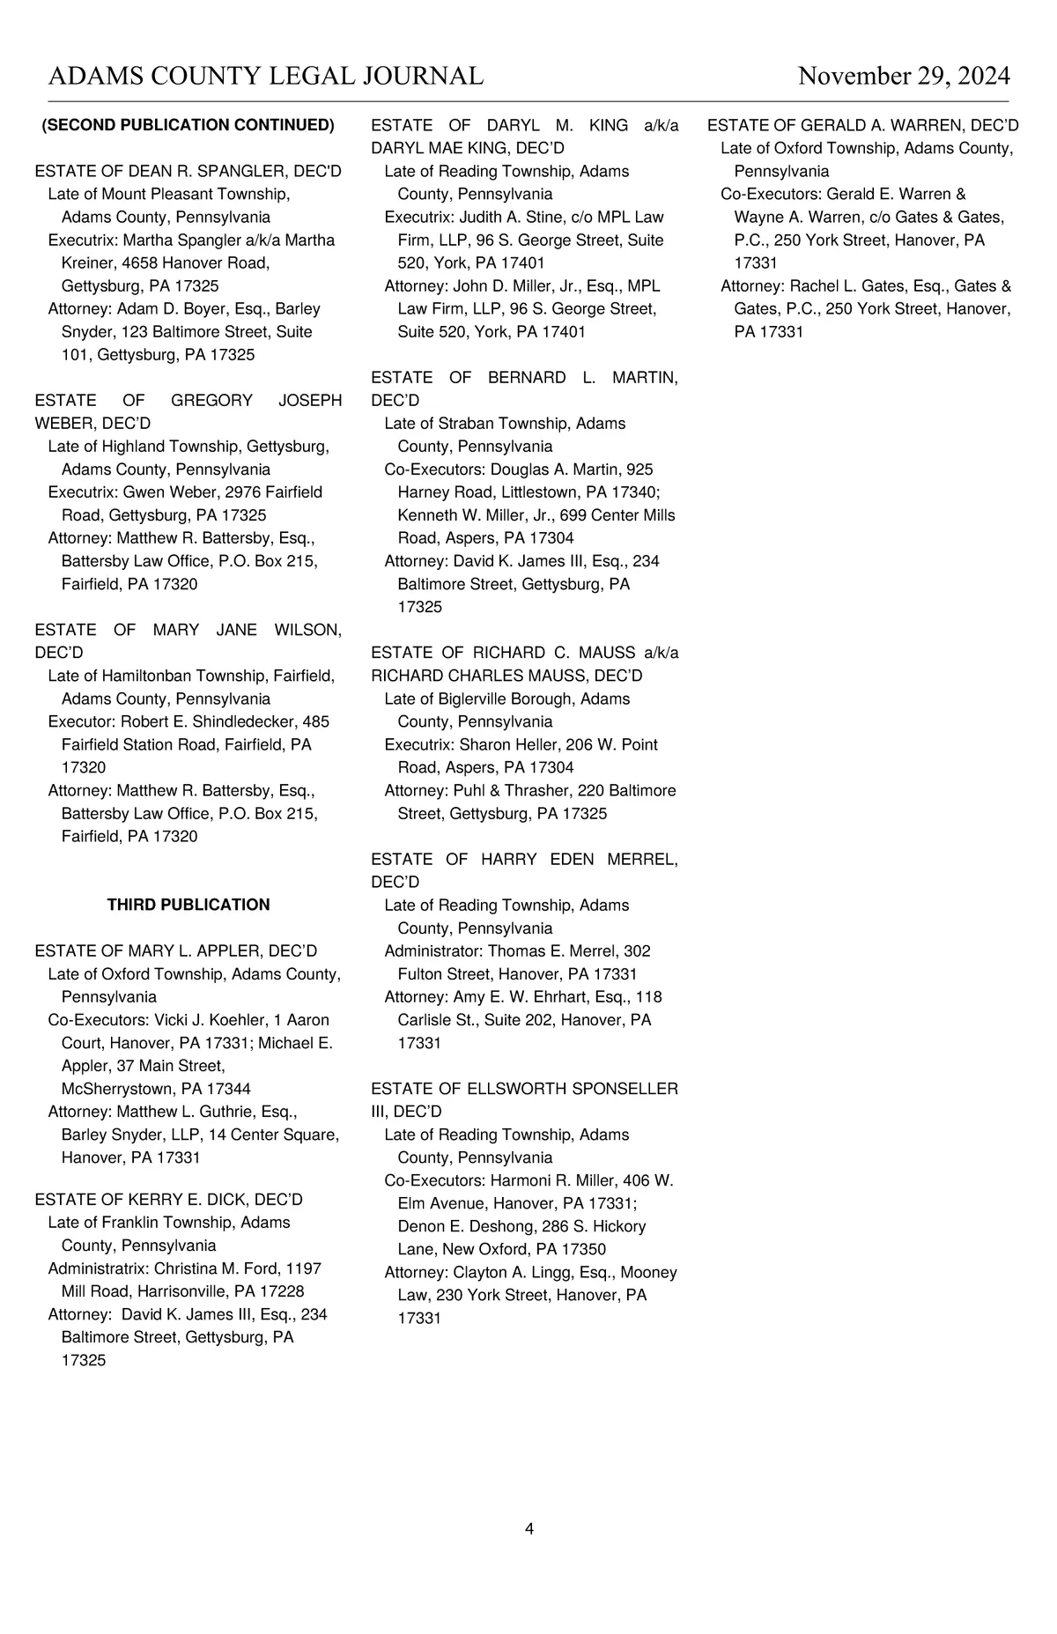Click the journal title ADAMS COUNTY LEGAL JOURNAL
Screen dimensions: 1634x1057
coord(266,77)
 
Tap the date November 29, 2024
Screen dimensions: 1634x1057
coord(904,77)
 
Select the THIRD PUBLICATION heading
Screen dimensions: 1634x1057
coord(188,905)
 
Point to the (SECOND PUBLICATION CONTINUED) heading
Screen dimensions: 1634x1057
coord(188,125)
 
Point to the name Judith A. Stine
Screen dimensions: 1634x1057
coord(508,217)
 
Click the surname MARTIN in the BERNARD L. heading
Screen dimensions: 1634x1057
coord(644,377)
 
